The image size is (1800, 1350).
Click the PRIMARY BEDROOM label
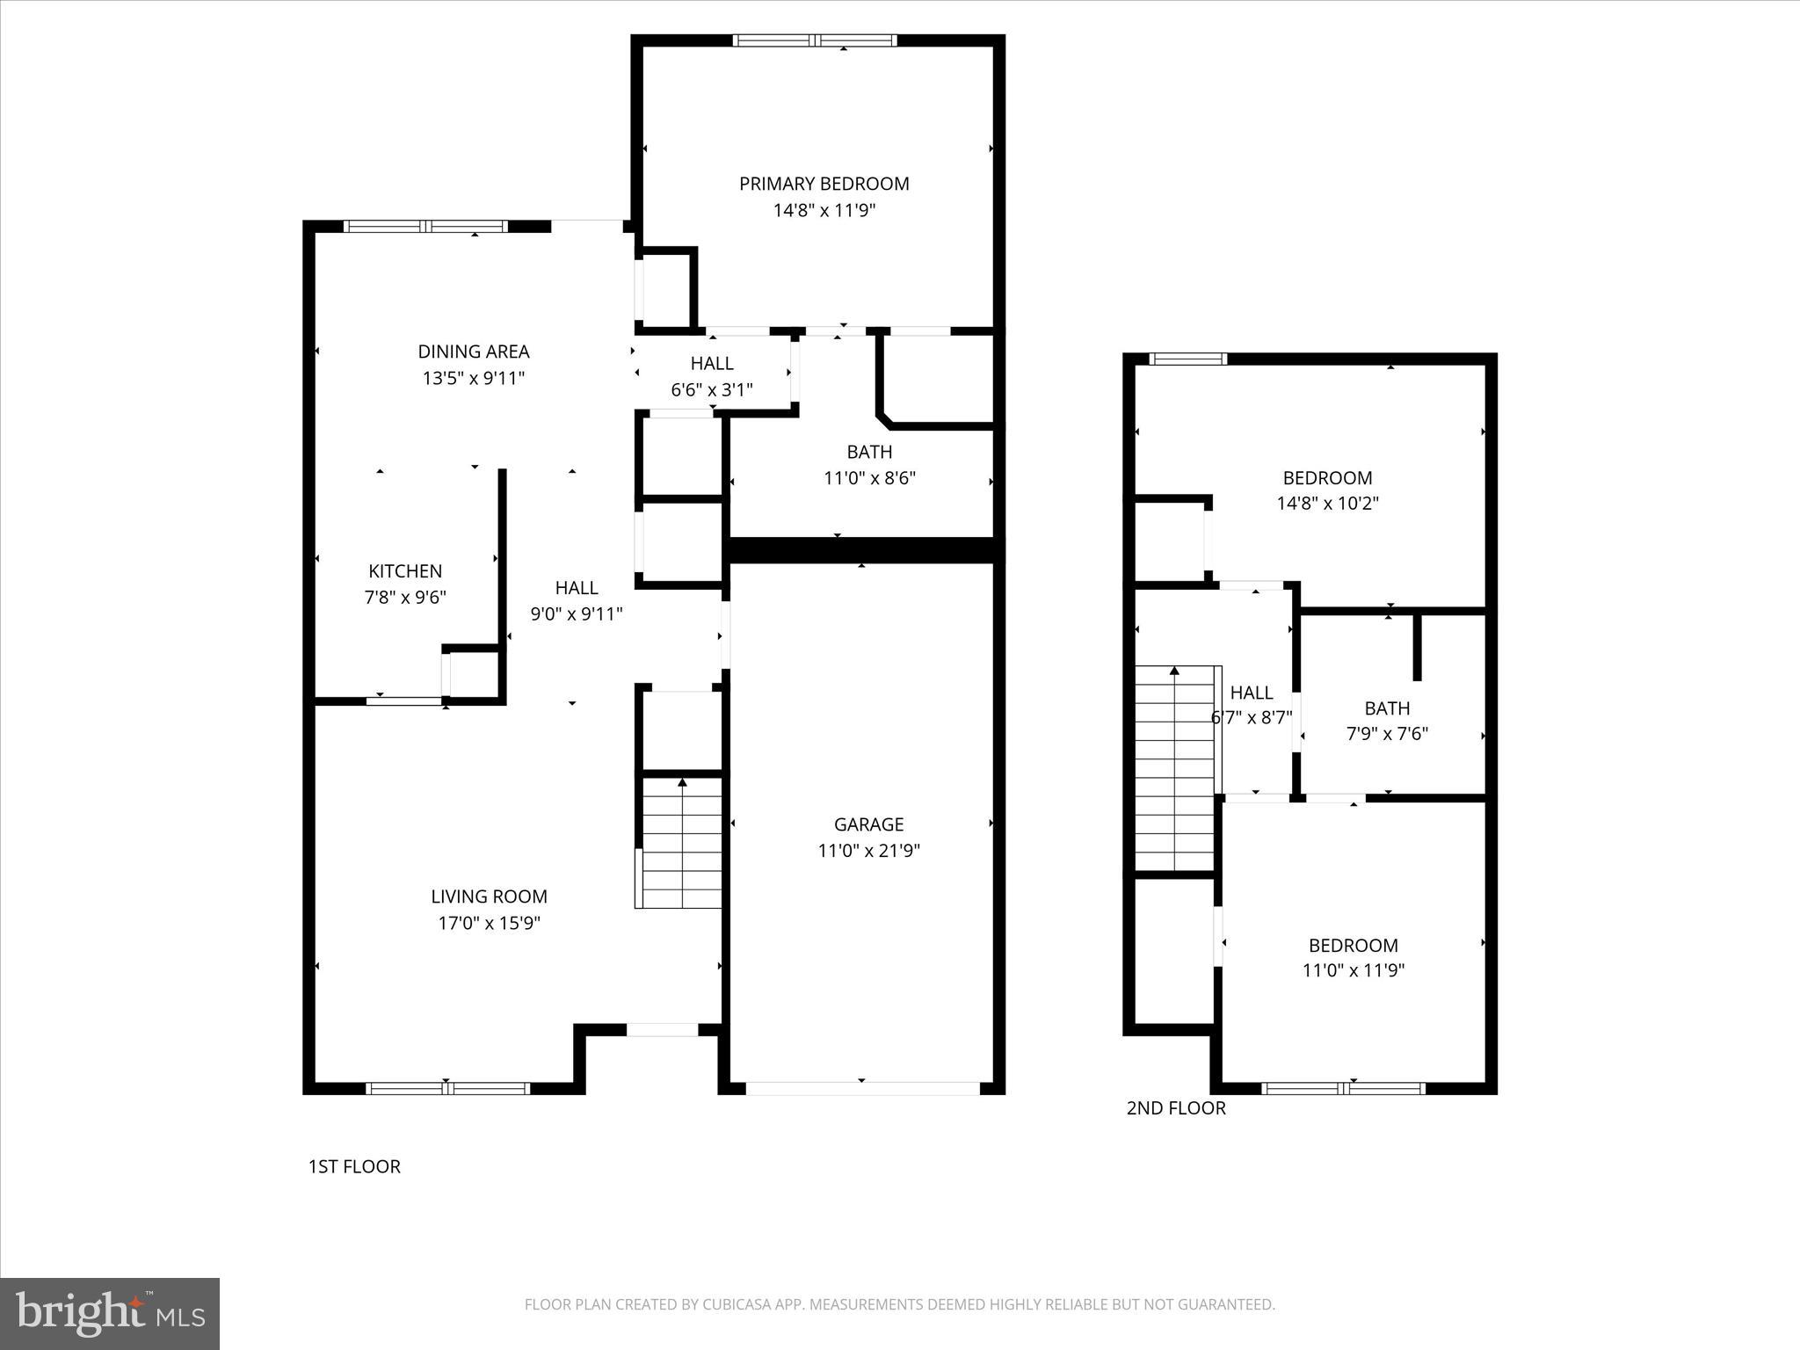[824, 184]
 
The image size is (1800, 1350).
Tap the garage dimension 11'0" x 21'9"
[868, 851]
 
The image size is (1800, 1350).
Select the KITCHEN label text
[405, 571]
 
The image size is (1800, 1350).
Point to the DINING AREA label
[473, 352]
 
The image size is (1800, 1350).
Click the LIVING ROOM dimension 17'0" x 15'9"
[489, 923]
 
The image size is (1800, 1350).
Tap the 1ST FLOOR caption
[354, 1166]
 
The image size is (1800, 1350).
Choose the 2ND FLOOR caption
[1176, 1107]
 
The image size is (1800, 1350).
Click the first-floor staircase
[682, 842]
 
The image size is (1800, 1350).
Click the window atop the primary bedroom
[815, 40]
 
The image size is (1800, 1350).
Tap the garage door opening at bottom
[862, 1088]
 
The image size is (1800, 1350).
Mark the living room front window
[447, 1088]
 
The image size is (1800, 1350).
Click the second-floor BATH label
[1387, 708]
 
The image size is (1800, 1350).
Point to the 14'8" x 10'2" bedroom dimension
[1327, 504]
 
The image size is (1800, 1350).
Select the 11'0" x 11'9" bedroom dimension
[1353, 970]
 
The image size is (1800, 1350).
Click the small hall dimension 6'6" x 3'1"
[712, 389]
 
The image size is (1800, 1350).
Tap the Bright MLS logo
[110, 1314]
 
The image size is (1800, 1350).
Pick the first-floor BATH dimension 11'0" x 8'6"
[869, 478]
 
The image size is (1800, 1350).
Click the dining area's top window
[425, 227]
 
